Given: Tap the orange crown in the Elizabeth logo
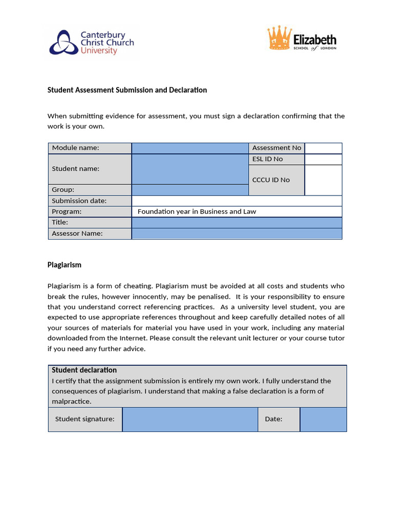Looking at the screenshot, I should coord(279,39).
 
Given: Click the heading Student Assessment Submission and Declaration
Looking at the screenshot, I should coord(127,90).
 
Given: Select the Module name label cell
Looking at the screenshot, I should coord(90,148).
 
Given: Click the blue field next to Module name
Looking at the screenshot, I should coord(190,148).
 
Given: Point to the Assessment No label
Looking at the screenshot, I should coord(276,148).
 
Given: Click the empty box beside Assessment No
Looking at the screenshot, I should coord(323,148).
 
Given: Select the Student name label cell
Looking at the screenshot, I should coord(90,169).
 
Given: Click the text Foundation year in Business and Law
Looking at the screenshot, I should coord(196,211).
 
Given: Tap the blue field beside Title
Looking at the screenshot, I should coord(236,223).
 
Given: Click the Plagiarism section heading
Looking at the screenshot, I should coord(64,265).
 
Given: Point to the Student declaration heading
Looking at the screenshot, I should coord(84,370).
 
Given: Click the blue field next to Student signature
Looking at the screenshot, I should coord(190,419).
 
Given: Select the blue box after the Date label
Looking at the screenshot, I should coord(323,419).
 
